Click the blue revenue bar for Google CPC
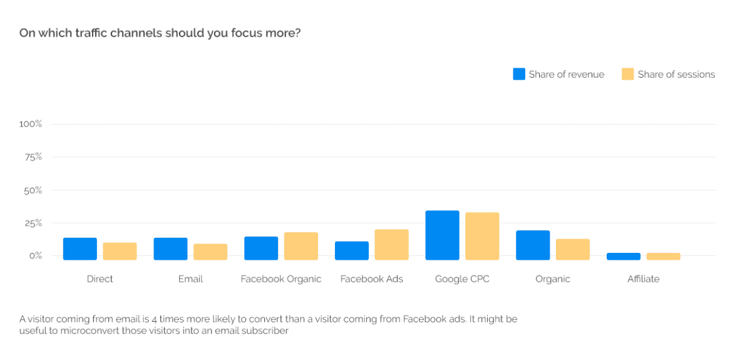click(442, 235)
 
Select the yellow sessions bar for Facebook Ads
click(391, 245)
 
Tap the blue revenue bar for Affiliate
click(623, 257)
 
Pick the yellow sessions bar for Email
click(210, 252)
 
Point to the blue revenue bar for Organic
click(533, 245)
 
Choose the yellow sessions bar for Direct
click(120, 251)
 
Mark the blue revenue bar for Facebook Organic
click(261, 248)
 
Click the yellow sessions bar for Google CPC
click(482, 236)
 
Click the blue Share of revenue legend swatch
click(519, 74)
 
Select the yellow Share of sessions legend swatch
click(628, 74)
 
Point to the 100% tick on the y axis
click(30, 124)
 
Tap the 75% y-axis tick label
click(33, 157)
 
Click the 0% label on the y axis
click(34, 255)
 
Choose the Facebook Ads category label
click(371, 279)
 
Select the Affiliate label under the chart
click(643, 279)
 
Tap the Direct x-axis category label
click(100, 279)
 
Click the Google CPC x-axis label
click(462, 279)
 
